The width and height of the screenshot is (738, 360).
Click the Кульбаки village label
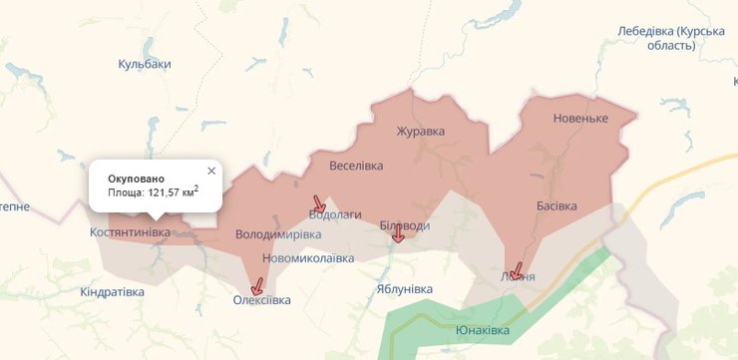pyautogui.click(x=145, y=64)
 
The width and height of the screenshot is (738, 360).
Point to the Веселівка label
pyautogui.click(x=356, y=167)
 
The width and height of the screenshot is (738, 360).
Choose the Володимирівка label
pyautogui.click(x=278, y=235)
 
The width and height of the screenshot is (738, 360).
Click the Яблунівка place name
pyautogui.click(x=405, y=289)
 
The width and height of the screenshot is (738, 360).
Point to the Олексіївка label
pyautogui.click(x=262, y=300)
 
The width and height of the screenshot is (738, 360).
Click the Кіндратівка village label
pyautogui.click(x=112, y=292)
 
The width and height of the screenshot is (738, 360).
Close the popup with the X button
pyautogui.click(x=211, y=171)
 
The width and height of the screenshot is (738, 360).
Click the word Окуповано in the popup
pyautogui.click(x=137, y=178)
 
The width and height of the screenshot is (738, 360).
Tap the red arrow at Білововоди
pyautogui.click(x=398, y=233)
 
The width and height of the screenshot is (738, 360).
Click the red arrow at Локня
pyautogui.click(x=516, y=270)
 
